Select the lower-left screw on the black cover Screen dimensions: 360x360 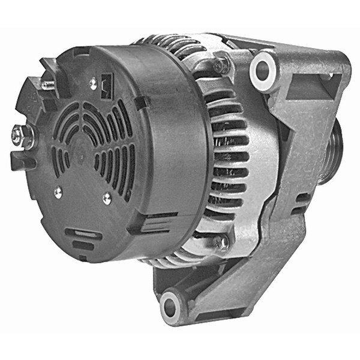coord(58,192)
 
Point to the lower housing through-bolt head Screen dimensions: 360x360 coord(221,242)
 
